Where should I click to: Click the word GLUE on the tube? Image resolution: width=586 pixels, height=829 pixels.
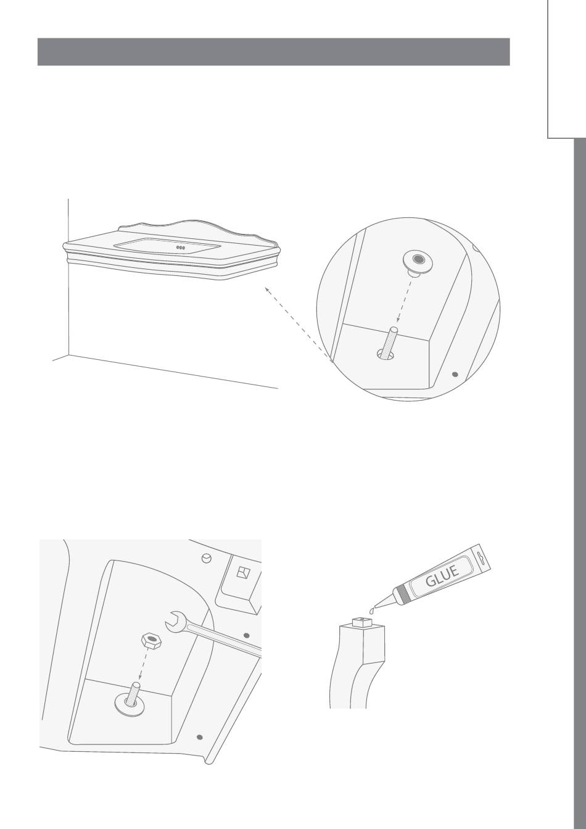[442, 577]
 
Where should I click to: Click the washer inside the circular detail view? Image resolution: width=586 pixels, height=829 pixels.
[418, 262]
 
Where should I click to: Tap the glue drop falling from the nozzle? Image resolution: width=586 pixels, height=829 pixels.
[371, 610]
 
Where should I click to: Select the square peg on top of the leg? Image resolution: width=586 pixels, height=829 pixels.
[362, 622]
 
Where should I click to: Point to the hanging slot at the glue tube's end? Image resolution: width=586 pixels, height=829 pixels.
[481, 556]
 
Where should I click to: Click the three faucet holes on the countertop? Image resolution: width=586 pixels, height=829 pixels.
[180, 248]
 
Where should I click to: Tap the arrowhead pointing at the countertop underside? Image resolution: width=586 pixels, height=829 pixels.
[266, 289]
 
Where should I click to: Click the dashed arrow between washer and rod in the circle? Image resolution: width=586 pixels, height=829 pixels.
[404, 299]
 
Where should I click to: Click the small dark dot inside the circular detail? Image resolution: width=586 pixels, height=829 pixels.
[455, 374]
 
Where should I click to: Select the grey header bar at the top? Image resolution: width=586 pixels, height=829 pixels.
[274, 52]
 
